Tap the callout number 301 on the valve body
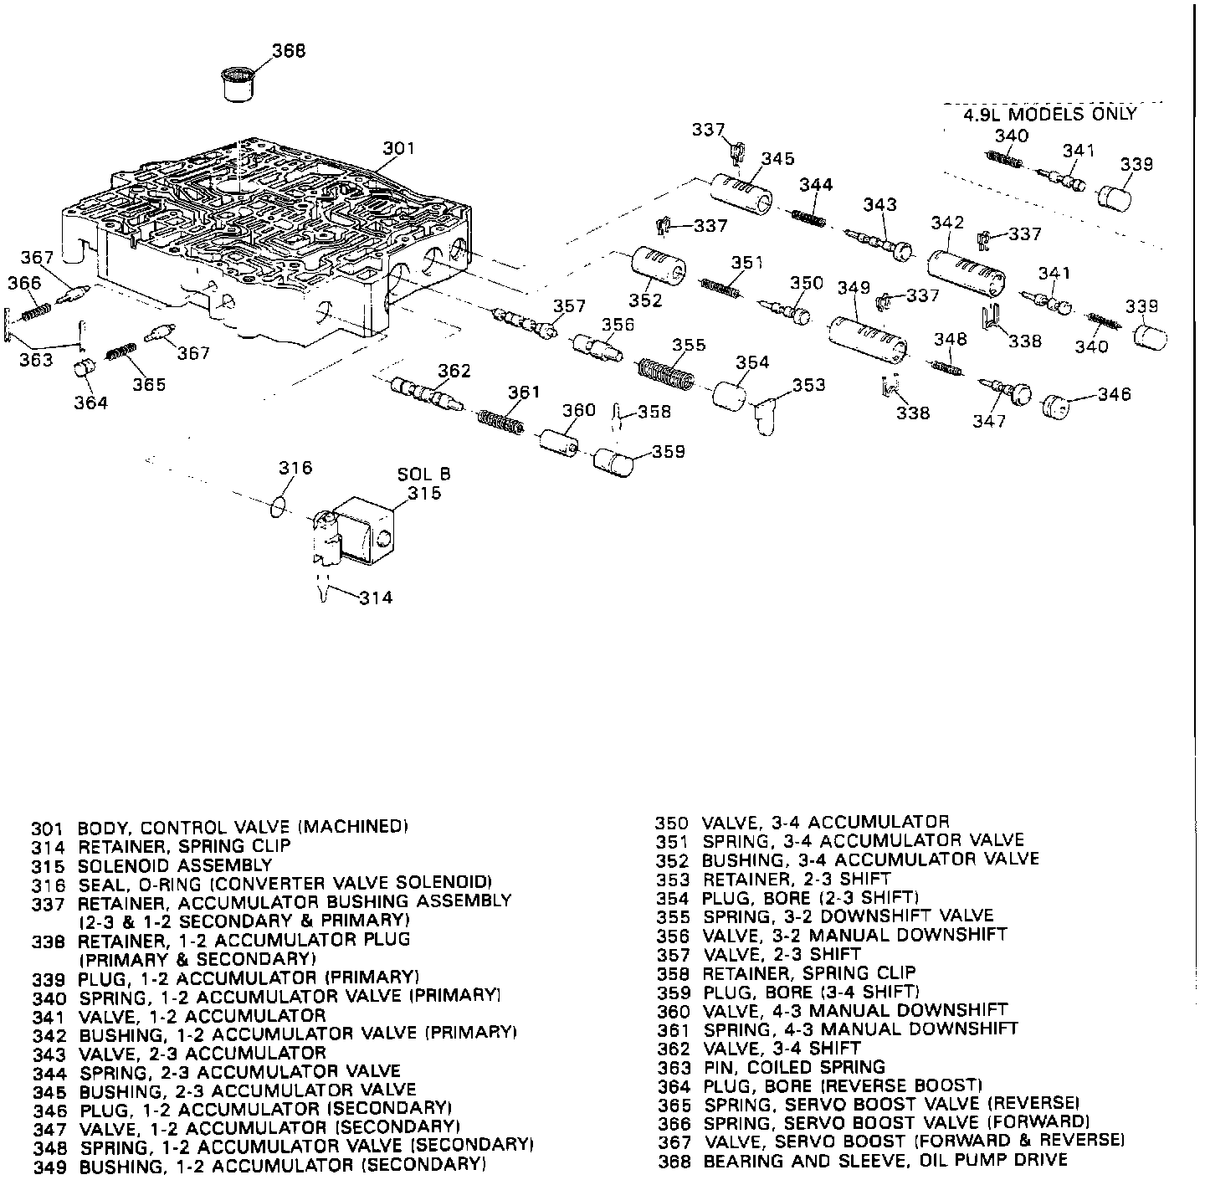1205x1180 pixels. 399,149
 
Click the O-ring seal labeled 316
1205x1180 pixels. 281,505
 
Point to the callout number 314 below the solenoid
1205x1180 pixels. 375,597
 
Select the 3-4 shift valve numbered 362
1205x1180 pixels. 425,393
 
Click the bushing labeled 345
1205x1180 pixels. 741,196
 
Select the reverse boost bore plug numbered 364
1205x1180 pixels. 83,368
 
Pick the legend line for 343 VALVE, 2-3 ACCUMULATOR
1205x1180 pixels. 179,1052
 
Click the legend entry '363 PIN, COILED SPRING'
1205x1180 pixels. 771,1067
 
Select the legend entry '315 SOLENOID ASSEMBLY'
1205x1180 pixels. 151,864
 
